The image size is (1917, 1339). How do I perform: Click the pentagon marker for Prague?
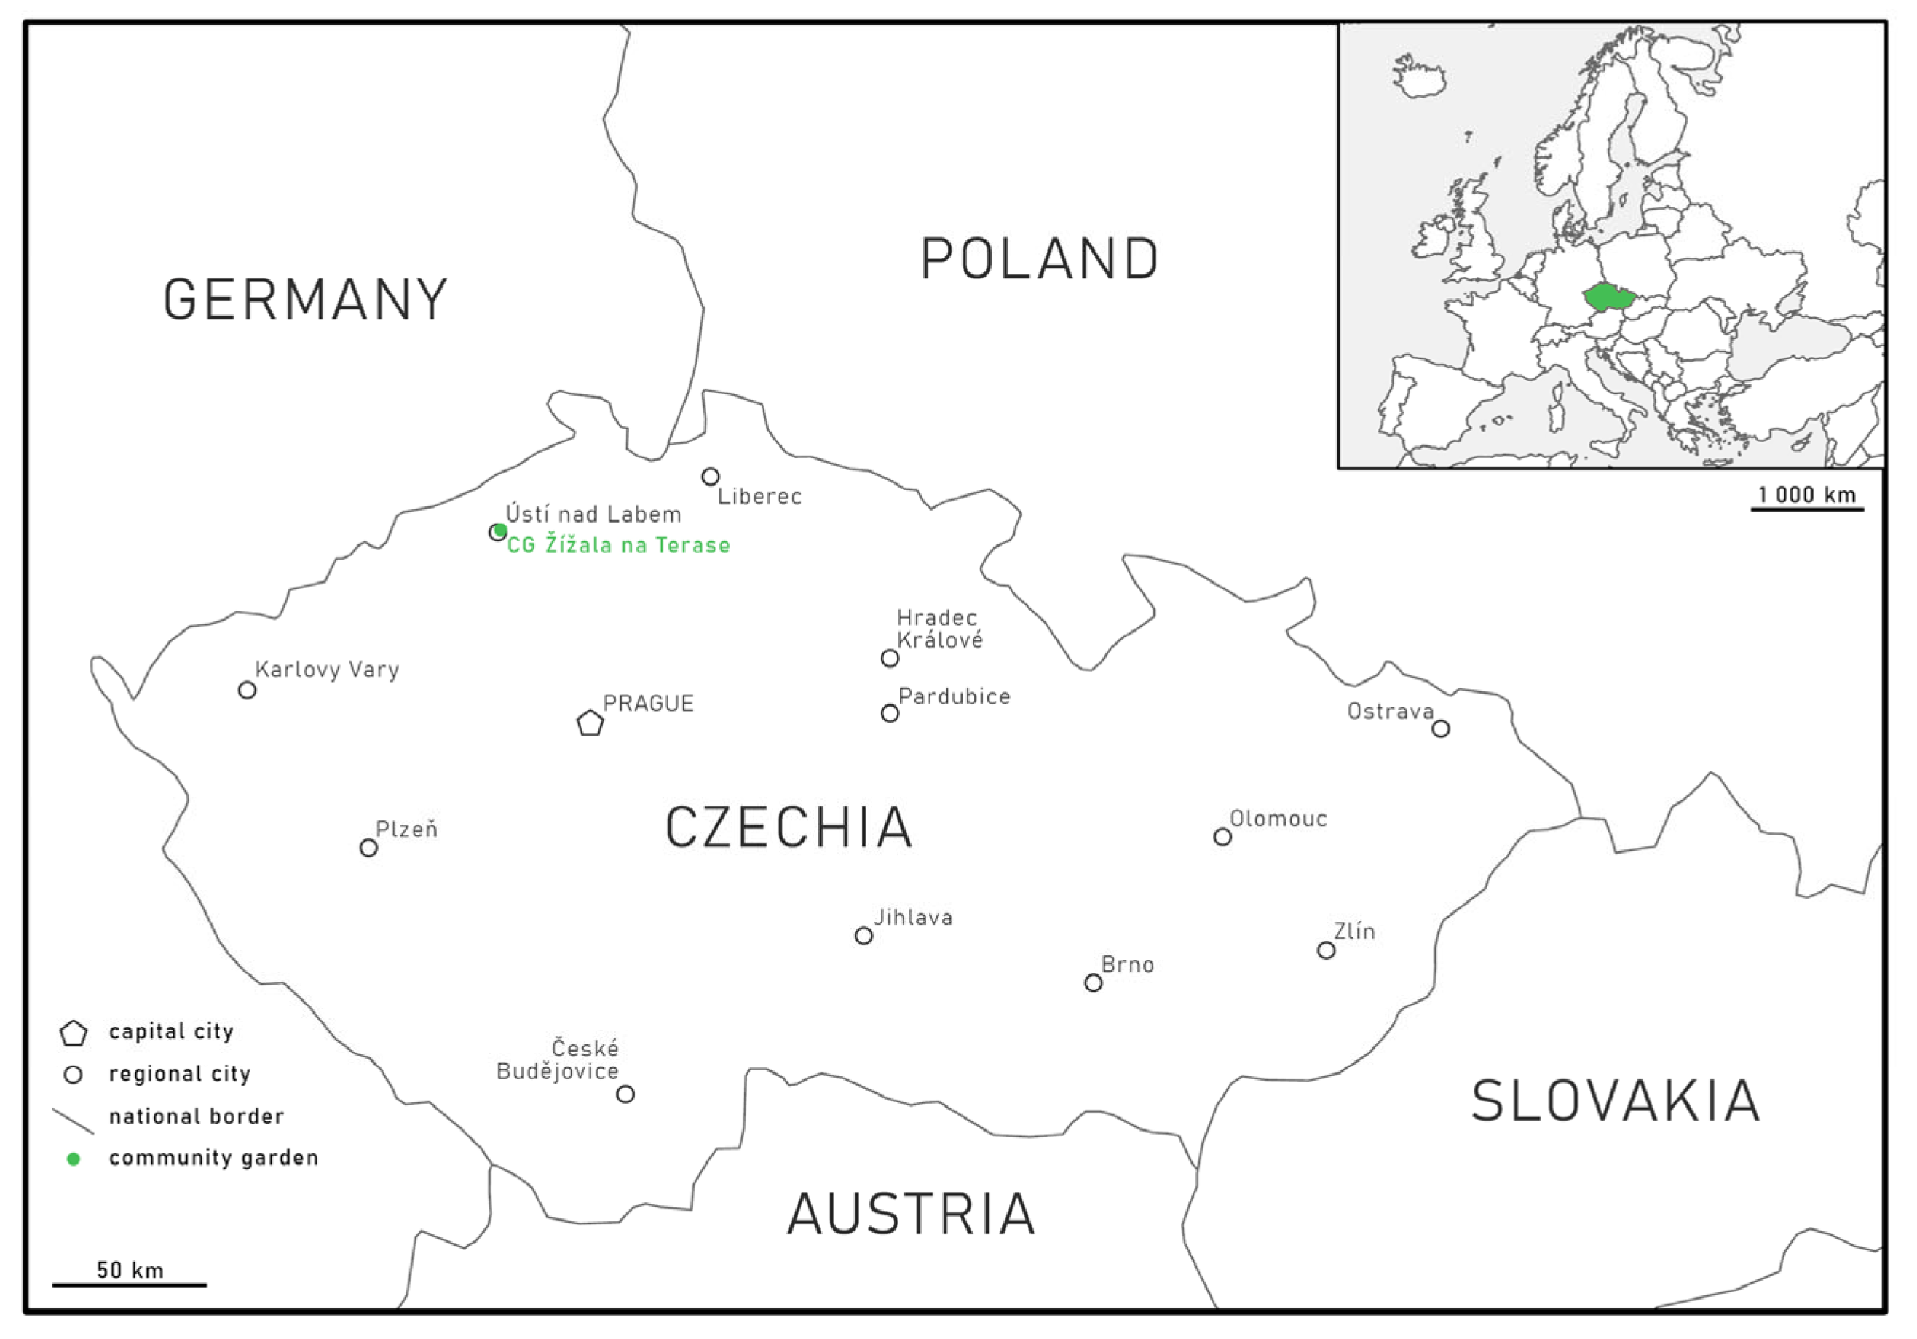tap(590, 723)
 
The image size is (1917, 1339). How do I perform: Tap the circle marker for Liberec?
tap(711, 477)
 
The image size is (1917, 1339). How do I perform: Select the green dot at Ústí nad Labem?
tap(500, 530)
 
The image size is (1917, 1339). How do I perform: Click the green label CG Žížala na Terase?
tap(619, 545)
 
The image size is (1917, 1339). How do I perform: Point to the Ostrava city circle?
tap(1440, 728)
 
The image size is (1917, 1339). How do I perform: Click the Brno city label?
tap(1127, 965)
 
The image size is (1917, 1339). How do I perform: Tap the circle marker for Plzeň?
tap(368, 848)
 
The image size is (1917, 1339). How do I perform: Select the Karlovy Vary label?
tap(328, 669)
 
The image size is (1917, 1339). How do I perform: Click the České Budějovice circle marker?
tap(625, 1094)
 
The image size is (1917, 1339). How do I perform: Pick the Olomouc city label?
tap(1278, 819)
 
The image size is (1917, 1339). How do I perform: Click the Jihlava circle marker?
tap(864, 936)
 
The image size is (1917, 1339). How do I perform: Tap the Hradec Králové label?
tap(939, 629)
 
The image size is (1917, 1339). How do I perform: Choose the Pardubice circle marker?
tap(890, 713)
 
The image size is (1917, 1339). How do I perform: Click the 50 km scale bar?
tap(130, 1284)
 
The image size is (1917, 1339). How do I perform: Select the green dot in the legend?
tap(74, 1159)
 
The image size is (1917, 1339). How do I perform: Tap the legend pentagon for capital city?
tap(74, 1033)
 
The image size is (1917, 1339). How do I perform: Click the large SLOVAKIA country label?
tap(1616, 1102)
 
